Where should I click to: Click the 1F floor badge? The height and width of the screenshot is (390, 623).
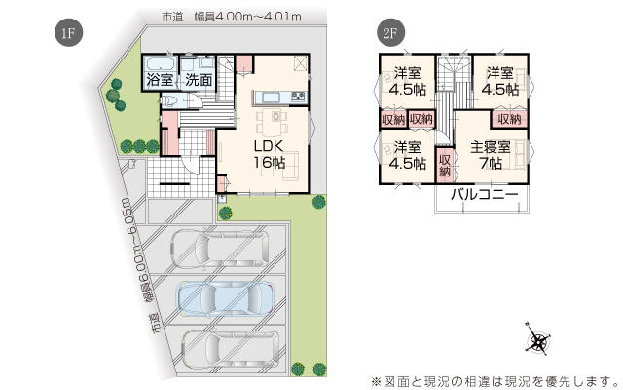[68, 32]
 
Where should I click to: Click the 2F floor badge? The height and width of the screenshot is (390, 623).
[390, 32]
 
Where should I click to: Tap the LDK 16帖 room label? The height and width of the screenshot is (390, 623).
[270, 154]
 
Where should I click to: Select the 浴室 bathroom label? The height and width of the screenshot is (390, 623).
[160, 80]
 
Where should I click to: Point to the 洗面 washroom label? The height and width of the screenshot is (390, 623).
[199, 80]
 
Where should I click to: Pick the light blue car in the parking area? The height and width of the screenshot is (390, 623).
[226, 298]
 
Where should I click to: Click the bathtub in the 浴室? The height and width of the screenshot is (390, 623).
[160, 63]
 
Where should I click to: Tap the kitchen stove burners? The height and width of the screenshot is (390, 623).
[298, 97]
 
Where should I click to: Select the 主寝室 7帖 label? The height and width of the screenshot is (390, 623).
[491, 155]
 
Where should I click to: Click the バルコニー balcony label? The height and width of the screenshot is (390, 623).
[485, 195]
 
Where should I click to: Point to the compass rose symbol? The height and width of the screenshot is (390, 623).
[538, 340]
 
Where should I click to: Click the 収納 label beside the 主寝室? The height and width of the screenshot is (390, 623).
[445, 166]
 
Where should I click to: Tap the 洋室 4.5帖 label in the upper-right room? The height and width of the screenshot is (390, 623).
[500, 81]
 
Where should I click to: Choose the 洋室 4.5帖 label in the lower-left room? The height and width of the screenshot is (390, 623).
[407, 155]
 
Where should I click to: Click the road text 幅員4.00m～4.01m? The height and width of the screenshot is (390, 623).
[247, 18]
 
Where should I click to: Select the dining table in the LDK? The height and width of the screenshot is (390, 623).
[276, 119]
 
